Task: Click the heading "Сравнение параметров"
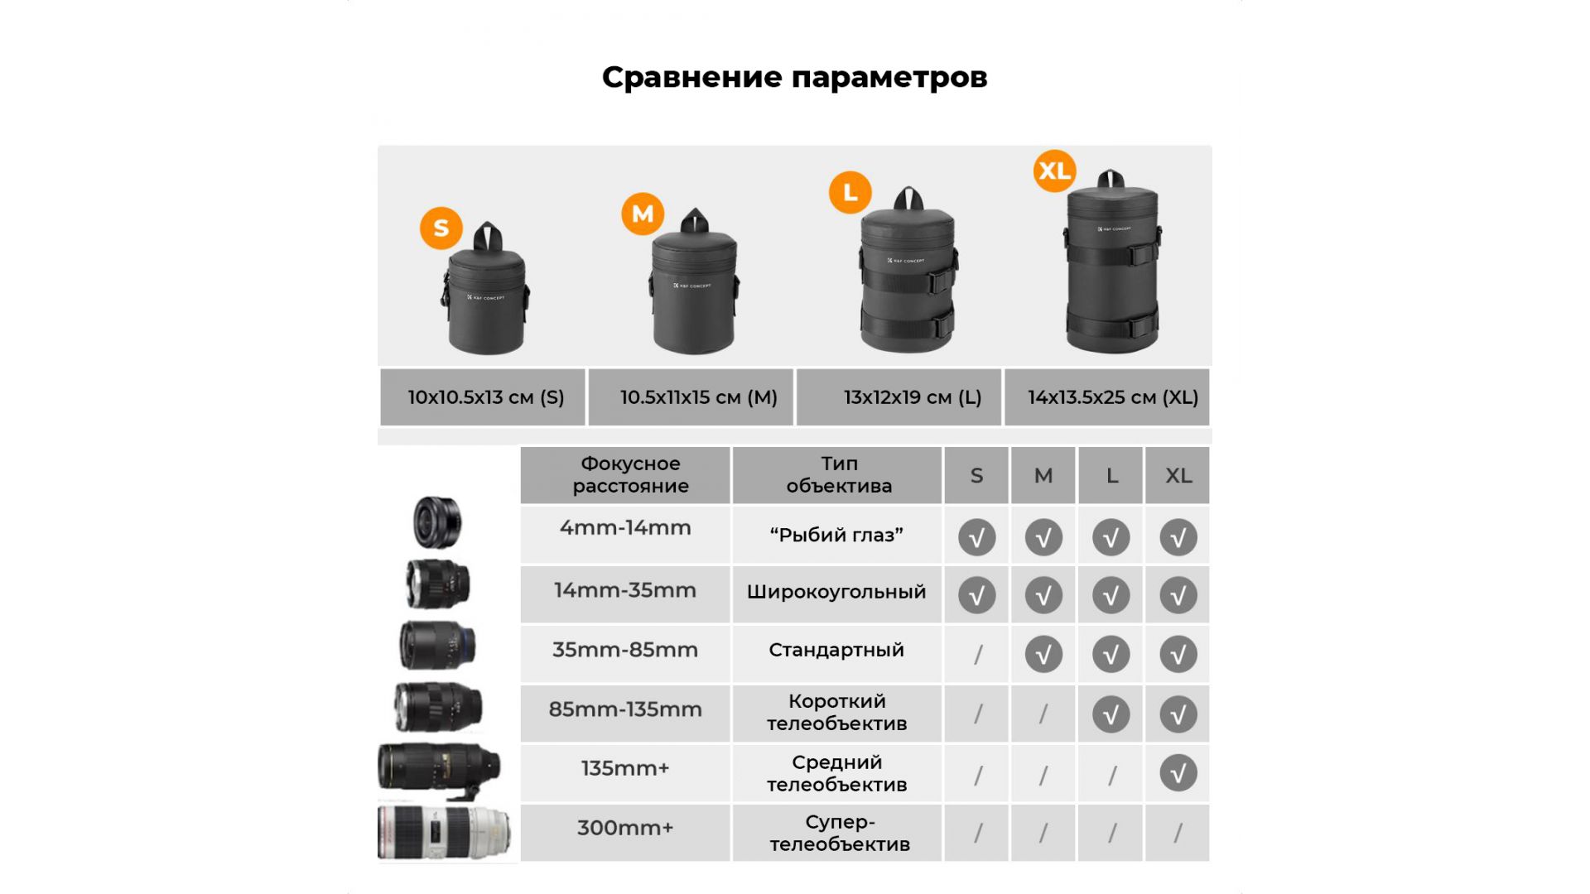[794, 77]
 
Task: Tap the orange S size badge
[441, 228]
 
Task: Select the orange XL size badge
[1055, 171]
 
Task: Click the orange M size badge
[643, 214]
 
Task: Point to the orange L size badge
[850, 192]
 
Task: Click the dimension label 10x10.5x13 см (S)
[486, 397]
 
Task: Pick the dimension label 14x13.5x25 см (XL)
[1113, 397]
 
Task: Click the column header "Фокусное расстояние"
[630, 474]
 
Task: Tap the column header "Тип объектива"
[839, 474]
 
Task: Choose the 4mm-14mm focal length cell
[625, 535]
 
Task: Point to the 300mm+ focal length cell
[625, 832]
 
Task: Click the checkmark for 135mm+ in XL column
[1178, 773]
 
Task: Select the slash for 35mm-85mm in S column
[978, 654]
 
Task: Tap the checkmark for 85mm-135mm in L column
[1111, 714]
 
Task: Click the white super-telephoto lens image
[445, 832]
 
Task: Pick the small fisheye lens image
[436, 522]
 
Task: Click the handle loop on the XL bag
[1111, 180]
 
